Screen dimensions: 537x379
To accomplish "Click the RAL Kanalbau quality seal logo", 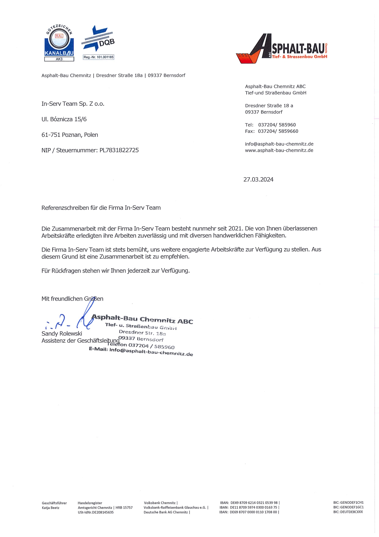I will (59, 43).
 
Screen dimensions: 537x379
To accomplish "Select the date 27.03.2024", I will (258, 180).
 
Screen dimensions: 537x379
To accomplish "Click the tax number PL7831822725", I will (119, 150).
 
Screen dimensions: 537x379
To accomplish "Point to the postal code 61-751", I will (51, 135).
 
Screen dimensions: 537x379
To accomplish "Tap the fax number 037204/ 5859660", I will (278, 131).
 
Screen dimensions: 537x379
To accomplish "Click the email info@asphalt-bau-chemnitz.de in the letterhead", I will (279, 144).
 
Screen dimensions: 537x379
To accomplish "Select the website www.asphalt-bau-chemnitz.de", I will (279, 151).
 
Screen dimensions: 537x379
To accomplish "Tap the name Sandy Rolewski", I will (62, 334).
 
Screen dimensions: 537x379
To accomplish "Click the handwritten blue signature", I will (70, 320).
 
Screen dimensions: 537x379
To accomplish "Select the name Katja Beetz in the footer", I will (51, 508).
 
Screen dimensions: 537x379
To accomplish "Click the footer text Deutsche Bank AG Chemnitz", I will (166, 512).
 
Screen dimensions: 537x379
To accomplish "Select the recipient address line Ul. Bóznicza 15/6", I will (64, 119).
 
